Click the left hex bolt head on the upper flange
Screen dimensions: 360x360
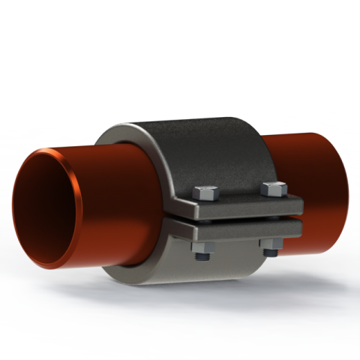tap(205, 193)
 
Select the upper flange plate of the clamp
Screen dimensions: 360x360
tap(240, 206)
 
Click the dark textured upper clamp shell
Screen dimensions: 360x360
tap(202, 154)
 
